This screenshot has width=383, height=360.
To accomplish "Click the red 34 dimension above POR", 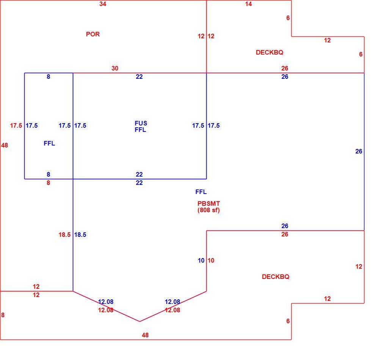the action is [x=103, y=4].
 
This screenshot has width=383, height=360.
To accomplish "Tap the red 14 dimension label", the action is [x=248, y=4].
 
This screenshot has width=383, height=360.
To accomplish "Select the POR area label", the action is [x=93, y=34].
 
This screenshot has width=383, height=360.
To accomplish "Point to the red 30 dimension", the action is [x=115, y=68].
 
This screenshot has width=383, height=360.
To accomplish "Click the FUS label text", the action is [x=141, y=123].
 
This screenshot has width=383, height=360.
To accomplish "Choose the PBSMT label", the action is [x=209, y=203].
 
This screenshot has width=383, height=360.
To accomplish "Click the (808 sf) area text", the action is [x=209, y=210].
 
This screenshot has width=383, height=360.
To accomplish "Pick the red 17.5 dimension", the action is [x=16, y=126].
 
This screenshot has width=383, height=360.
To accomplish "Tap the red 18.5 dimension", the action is [x=64, y=235].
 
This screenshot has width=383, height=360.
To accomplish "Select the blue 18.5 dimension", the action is [x=80, y=235].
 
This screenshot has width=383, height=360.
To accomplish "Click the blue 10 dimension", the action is [x=201, y=260].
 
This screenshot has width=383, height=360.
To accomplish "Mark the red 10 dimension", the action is [x=211, y=260].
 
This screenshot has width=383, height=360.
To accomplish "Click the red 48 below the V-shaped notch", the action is [x=145, y=335].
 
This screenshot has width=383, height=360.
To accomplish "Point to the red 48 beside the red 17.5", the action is [x=5, y=146].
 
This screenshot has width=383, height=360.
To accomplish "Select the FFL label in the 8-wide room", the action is [x=49, y=144].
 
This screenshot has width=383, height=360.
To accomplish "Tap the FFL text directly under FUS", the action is [x=140, y=130].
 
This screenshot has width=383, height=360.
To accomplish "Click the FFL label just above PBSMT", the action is [x=201, y=192].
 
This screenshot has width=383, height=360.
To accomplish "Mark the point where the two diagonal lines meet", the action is [x=140, y=321].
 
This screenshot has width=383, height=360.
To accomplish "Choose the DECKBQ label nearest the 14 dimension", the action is [x=270, y=52].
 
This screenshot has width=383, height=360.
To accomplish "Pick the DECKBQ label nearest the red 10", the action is [x=276, y=277].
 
